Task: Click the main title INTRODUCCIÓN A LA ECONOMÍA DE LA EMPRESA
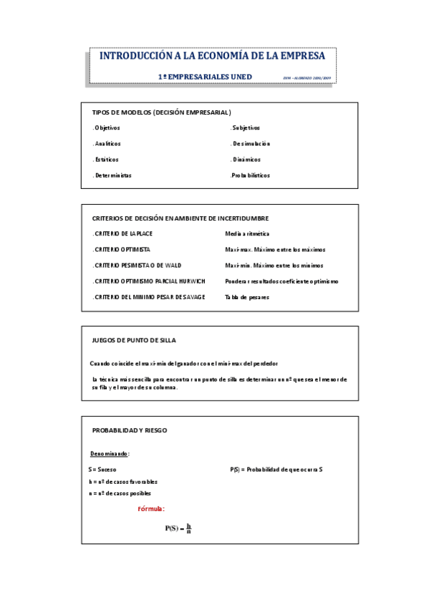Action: tap(211, 56)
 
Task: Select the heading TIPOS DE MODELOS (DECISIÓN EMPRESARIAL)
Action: tap(161, 112)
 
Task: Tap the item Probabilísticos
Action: tap(250, 175)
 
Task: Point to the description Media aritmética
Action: tap(247, 234)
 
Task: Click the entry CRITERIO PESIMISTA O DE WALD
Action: tap(137, 266)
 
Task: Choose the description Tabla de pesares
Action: tap(247, 297)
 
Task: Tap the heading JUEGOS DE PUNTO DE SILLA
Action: tap(134, 341)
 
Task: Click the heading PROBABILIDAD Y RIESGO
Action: tap(130, 431)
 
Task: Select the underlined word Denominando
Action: tap(110, 454)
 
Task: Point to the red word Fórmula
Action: tap(151, 509)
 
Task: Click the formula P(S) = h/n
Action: tap(178, 528)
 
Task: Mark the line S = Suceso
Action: tap(102, 470)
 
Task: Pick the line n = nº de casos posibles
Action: tap(120, 493)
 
